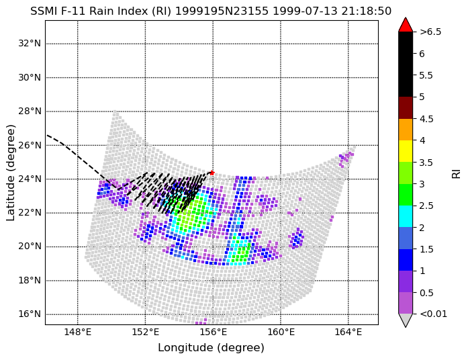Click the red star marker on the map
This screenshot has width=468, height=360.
pos(212,173)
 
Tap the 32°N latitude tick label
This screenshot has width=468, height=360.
pos(30,44)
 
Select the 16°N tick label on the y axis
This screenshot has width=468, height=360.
pos(30,314)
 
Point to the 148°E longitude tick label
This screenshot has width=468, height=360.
pos(78,332)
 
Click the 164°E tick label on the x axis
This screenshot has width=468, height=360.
pos(348,332)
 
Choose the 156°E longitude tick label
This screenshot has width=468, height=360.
pos(213,332)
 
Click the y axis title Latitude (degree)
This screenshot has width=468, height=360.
pos(10,173)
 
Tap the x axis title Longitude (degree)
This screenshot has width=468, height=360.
pos(211,348)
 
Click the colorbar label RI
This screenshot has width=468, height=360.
pos(457,173)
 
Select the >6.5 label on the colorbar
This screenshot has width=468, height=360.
pos(430,32)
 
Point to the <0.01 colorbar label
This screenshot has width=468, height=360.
pos(433,314)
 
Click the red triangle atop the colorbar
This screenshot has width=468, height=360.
pos(406,24)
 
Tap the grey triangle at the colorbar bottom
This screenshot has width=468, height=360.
pos(406,320)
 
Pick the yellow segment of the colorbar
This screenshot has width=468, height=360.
pos(406,151)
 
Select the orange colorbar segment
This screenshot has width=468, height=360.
pos(406,130)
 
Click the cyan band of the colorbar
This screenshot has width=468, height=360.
pos(406,216)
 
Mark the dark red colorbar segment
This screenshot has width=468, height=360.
pos(406,107)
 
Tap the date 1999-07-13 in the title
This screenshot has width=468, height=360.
pos(306,11)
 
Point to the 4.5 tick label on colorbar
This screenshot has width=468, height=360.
pos(426,119)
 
